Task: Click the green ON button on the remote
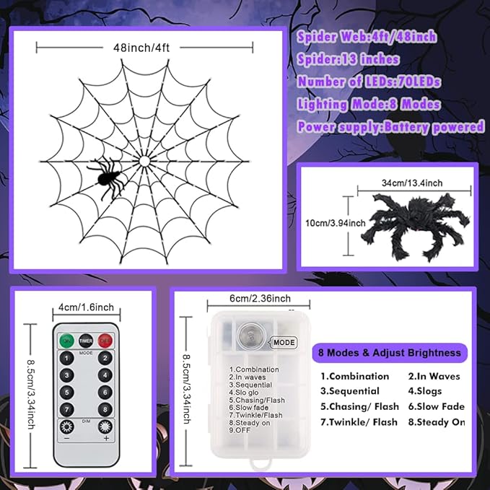(67, 340)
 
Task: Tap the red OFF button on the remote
(105, 340)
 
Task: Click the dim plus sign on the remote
(105, 438)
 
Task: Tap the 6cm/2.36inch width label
(251, 299)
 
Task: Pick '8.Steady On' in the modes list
(436, 422)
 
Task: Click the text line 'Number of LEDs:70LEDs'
(369, 82)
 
